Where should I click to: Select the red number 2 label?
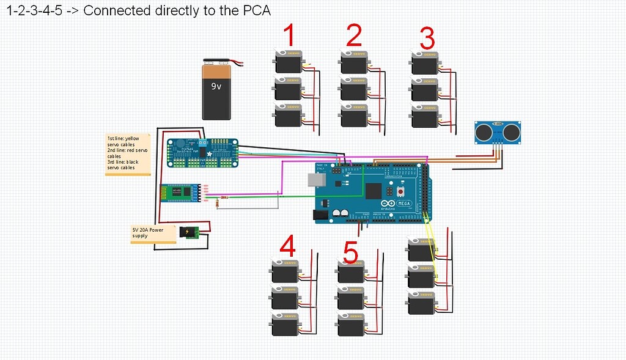[355, 35]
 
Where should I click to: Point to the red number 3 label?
[427, 39]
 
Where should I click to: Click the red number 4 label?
[287, 247]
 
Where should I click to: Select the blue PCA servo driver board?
[202, 153]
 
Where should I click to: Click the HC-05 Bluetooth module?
[180, 193]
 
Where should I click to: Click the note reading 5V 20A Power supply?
[149, 233]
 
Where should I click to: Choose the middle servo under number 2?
[355, 89]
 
